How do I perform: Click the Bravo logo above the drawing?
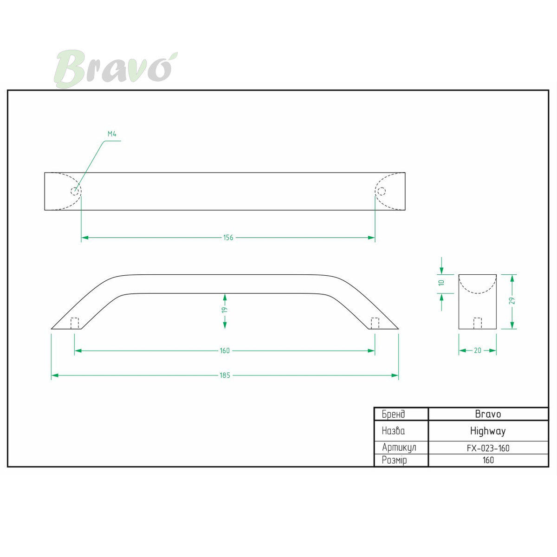tap(116, 69)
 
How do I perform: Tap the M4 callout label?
tap(112, 134)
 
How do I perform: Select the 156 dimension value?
tap(228, 238)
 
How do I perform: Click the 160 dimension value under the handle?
tap(225, 350)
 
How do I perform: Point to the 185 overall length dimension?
tap(225, 375)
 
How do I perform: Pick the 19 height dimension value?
tap(225, 310)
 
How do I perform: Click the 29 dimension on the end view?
tap(512, 301)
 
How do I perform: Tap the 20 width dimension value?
tap(478, 350)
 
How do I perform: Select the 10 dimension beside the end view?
tap(441, 283)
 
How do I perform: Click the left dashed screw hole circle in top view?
tap(75, 191)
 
